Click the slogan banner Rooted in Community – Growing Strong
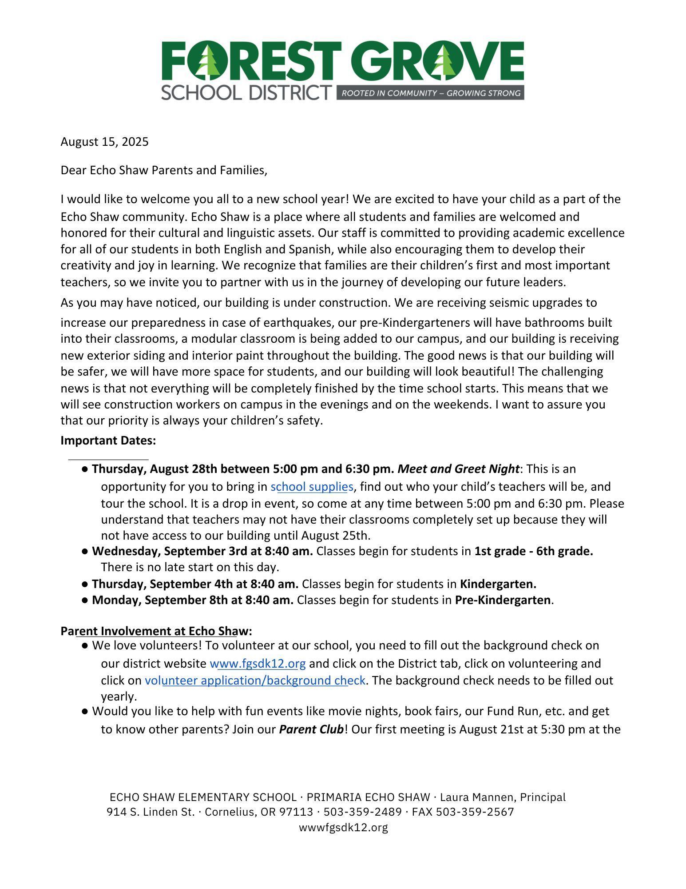click(430, 93)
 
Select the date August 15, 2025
click(104, 142)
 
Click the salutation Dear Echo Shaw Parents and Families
click(164, 170)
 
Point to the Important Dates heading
click(108, 440)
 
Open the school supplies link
click(312, 487)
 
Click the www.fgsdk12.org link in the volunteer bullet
click(258, 664)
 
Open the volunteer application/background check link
click(255, 681)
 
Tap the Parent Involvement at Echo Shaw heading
click(156, 631)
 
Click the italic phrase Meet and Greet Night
click(458, 469)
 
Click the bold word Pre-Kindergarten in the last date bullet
click(503, 600)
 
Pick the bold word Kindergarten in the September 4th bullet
click(498, 584)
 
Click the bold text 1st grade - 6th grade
click(534, 551)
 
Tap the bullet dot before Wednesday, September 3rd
click(85, 552)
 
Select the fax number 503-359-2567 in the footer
click(475, 812)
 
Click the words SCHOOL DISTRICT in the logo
click(246, 92)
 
